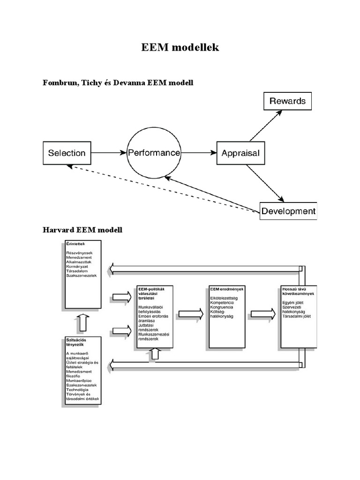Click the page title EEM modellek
(x=180, y=47)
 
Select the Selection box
(x=67, y=153)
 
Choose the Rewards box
(x=287, y=101)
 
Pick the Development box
(x=288, y=211)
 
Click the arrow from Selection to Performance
(x=108, y=153)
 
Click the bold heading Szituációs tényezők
(x=76, y=342)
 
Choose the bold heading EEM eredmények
(x=224, y=289)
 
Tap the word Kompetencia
(x=222, y=302)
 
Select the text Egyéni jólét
(x=293, y=303)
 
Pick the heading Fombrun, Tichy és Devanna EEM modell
(x=118, y=83)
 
